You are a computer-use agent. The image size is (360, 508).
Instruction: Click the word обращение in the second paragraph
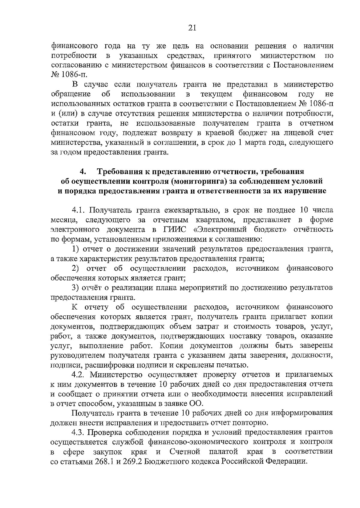point(71,95)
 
